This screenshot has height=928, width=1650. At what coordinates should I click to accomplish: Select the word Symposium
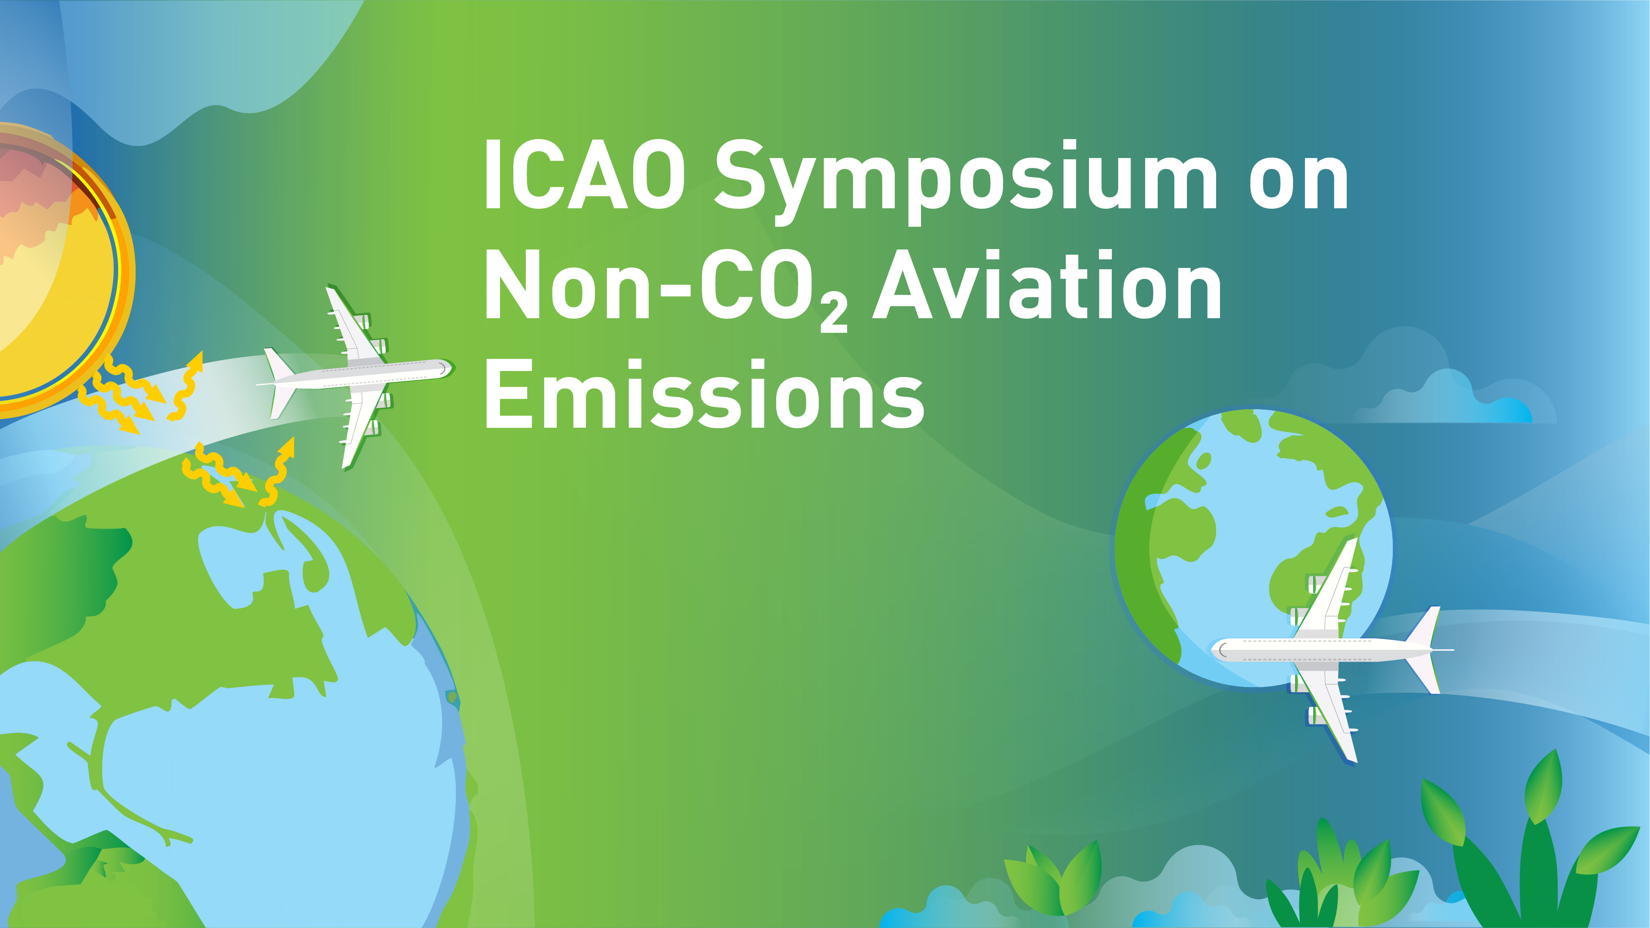coord(965,180)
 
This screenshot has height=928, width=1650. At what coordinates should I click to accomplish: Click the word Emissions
coord(705,395)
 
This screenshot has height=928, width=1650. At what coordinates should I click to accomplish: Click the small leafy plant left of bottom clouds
coord(1057,877)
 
